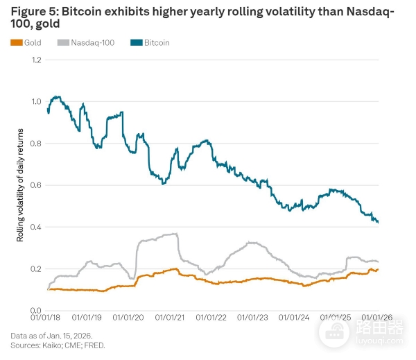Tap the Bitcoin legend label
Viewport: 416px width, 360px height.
157,43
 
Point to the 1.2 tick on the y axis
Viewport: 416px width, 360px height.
37,60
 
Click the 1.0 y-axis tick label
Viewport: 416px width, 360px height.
37,102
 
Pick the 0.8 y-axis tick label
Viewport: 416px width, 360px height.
37,144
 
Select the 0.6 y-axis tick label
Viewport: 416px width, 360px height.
37,185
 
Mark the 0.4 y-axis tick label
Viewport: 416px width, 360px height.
37,227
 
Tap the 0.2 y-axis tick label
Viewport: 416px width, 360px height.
37,268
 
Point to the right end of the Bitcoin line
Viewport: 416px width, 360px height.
378,222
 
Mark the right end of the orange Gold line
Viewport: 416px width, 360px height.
378,269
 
